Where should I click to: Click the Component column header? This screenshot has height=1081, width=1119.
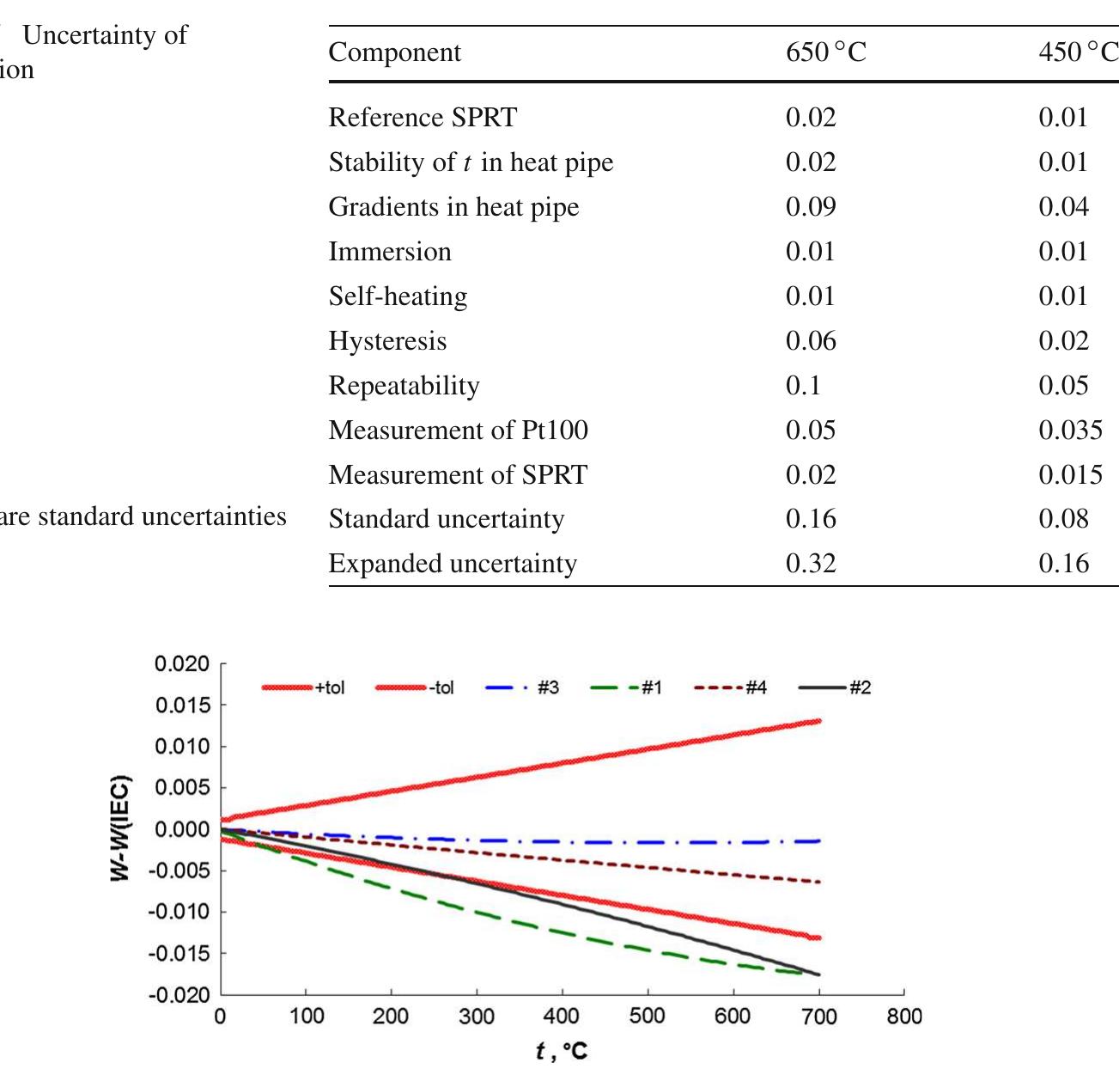394,52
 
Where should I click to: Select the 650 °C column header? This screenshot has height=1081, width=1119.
825,52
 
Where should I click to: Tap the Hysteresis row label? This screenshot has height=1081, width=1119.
387,341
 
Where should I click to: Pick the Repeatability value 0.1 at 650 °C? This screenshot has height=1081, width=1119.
803,386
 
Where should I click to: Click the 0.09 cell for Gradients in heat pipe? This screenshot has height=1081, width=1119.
811,207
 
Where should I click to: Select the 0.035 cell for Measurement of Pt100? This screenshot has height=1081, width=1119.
1070,431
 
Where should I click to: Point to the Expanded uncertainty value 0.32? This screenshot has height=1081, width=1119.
811,564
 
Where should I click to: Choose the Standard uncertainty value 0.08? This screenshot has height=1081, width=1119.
1063,519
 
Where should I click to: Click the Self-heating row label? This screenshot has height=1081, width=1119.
398,296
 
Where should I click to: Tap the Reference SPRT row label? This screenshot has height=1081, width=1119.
423,118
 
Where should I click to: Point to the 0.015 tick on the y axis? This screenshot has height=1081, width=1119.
181,705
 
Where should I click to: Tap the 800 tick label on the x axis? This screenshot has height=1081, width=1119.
903,1017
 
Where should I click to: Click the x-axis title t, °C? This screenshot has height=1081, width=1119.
562,1051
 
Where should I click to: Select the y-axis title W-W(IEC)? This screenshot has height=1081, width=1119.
121,828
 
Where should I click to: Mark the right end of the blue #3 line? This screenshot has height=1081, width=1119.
818,840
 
